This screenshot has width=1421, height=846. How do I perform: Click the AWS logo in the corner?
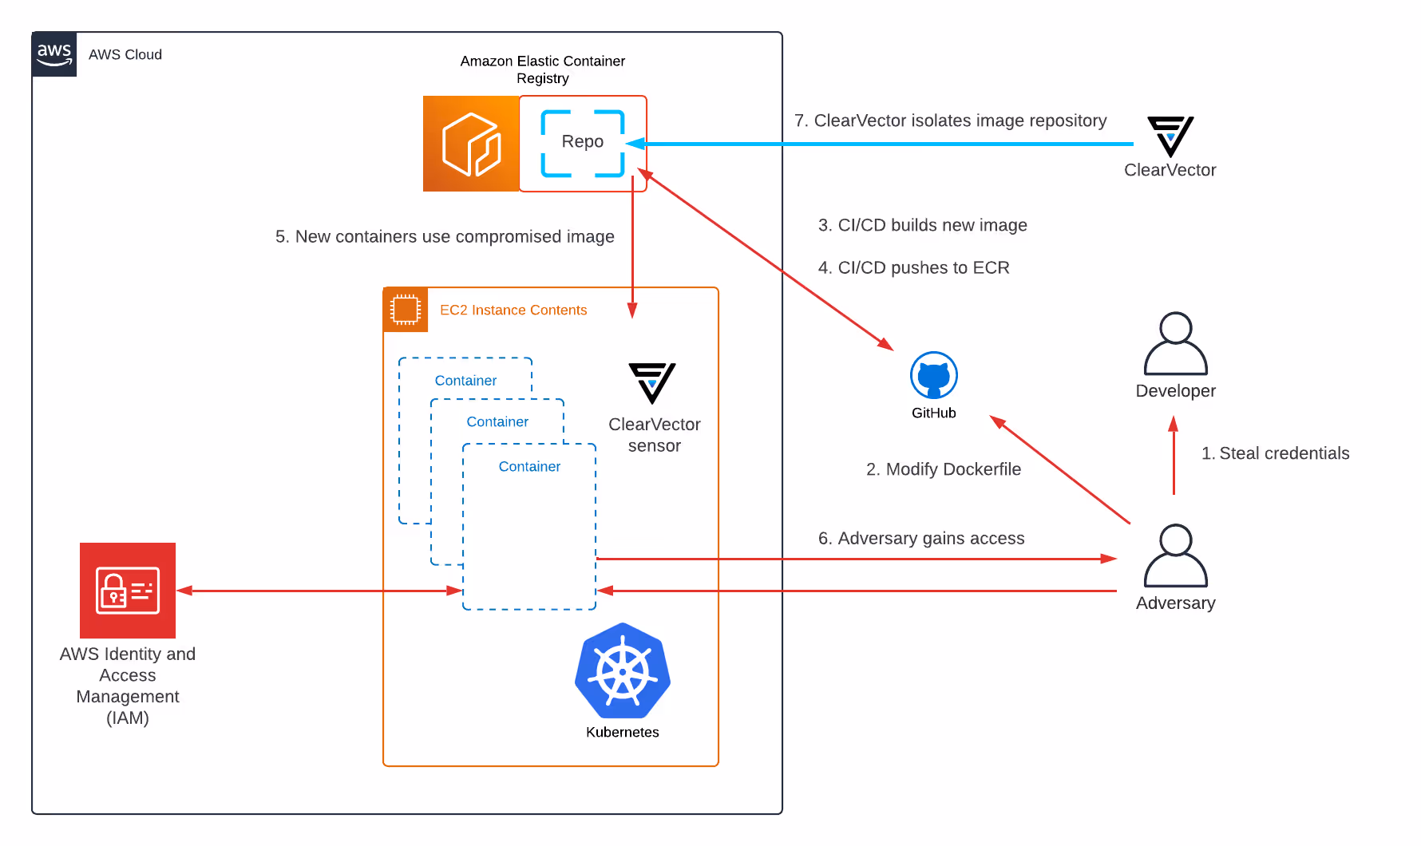pos(54,54)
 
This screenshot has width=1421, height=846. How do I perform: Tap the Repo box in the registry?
pos(583,143)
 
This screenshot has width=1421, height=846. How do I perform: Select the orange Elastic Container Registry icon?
pos(471,144)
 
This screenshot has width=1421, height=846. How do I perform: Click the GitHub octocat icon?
pos(934,375)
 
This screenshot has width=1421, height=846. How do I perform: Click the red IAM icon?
pos(128,591)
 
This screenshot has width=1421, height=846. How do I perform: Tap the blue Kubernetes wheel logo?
pos(623,671)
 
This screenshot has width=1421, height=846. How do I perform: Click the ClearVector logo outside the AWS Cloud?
pos(1170,136)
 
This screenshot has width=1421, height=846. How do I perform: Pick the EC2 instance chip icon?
pos(406,310)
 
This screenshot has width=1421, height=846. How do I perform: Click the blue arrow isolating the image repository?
pos(878,144)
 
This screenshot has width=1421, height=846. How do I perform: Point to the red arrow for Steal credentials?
pos(1174,455)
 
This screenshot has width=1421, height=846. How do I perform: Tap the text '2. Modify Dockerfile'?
pos(944,469)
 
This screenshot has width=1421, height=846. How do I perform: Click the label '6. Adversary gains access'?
pos(921,539)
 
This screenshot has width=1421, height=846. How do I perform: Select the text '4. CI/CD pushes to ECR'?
pos(913,267)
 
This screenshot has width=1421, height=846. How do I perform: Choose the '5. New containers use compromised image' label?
pos(445,237)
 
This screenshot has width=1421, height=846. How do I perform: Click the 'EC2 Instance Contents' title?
pos(513,310)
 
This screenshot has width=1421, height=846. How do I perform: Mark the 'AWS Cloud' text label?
pos(125,54)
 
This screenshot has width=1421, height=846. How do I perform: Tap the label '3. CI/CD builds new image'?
pos(922,225)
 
